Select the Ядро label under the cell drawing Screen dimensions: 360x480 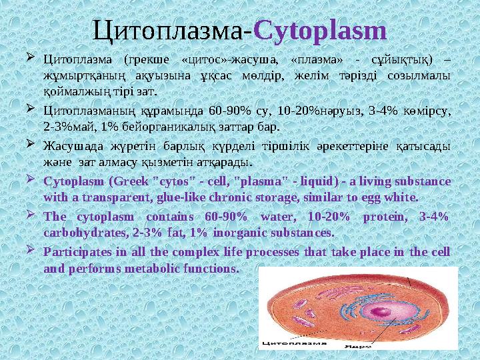(x=358, y=347)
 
